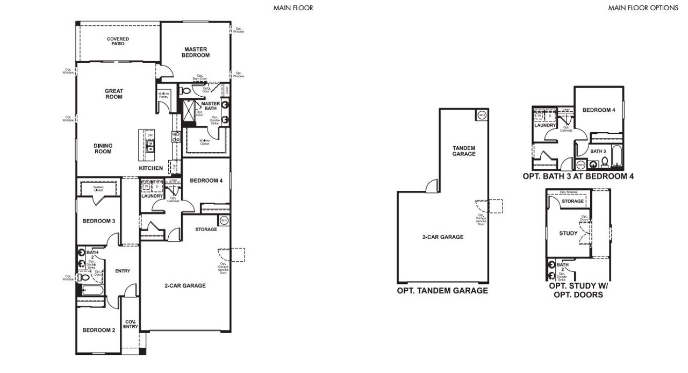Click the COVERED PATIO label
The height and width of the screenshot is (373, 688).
[118, 41]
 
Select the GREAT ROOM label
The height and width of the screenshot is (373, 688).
[113, 94]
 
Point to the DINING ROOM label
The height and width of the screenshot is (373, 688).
[103, 148]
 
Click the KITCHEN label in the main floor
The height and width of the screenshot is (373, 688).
[150, 168]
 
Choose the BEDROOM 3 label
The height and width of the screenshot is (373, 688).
[98, 221]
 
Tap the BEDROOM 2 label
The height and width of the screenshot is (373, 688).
[98, 330]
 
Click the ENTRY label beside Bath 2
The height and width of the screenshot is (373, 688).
[123, 271]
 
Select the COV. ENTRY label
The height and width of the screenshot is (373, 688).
[130, 324]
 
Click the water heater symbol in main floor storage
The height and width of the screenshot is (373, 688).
[224, 220]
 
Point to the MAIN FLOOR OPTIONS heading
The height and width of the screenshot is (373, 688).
[643, 8]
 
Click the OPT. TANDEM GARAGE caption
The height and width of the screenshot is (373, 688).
[442, 291]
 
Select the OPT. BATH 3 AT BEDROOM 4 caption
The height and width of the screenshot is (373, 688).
[578, 176]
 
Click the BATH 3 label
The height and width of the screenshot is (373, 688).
[598, 152]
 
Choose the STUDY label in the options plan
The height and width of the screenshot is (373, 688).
[568, 233]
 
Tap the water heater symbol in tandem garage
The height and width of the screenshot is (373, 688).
[482, 115]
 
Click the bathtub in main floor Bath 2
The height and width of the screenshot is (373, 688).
[90, 291]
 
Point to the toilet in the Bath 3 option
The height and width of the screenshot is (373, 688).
[605, 162]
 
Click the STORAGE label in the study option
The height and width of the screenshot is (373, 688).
[572, 201]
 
